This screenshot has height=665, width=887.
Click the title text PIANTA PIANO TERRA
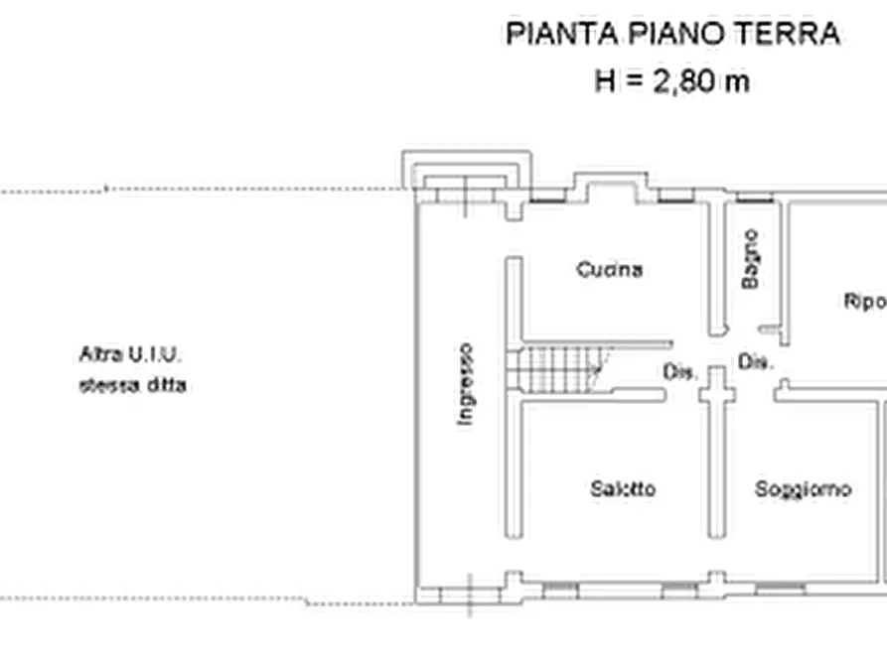[x=672, y=34]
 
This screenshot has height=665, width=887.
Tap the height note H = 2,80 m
[x=671, y=80]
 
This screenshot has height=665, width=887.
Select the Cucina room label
[x=609, y=269]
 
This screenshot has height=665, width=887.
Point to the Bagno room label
[x=751, y=259]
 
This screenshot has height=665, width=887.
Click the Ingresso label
[x=465, y=385]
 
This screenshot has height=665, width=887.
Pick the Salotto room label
[x=623, y=489]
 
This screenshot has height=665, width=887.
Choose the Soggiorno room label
[x=803, y=489]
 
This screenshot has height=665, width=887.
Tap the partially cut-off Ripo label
[x=864, y=302]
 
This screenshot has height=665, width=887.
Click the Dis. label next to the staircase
[x=679, y=372]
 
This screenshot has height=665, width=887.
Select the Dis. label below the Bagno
[x=755, y=363]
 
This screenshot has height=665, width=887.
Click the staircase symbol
[x=561, y=368]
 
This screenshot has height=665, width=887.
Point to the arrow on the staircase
[x=597, y=370]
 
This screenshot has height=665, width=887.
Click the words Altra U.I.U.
[x=130, y=353]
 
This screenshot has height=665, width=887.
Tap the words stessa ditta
[x=132, y=386]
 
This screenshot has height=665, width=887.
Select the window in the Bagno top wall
[x=753, y=199]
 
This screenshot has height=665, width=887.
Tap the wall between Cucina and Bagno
[x=716, y=268]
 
